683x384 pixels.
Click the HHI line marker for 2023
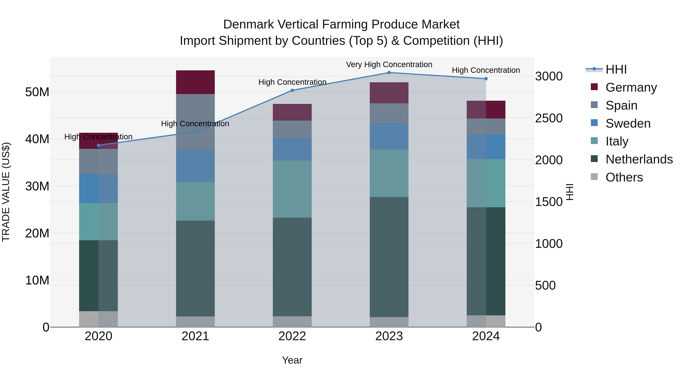click(x=389, y=73)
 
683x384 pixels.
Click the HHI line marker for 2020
click(x=99, y=145)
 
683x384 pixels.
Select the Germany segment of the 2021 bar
click(x=195, y=82)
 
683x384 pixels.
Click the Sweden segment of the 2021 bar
click(x=195, y=165)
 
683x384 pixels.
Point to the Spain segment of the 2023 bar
click(x=389, y=113)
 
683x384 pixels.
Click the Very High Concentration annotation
click(x=389, y=64)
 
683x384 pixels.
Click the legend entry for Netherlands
click(x=639, y=159)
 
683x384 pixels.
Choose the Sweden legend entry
click(x=628, y=123)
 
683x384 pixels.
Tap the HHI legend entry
click(x=616, y=69)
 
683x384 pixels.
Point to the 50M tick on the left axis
click(x=37, y=92)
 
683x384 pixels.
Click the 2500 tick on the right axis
click(x=548, y=118)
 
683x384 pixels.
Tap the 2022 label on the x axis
click(x=292, y=336)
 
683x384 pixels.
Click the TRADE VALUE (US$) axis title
click(x=6, y=192)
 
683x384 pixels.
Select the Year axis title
click(x=292, y=360)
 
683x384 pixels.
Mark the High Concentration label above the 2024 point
click(x=486, y=70)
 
